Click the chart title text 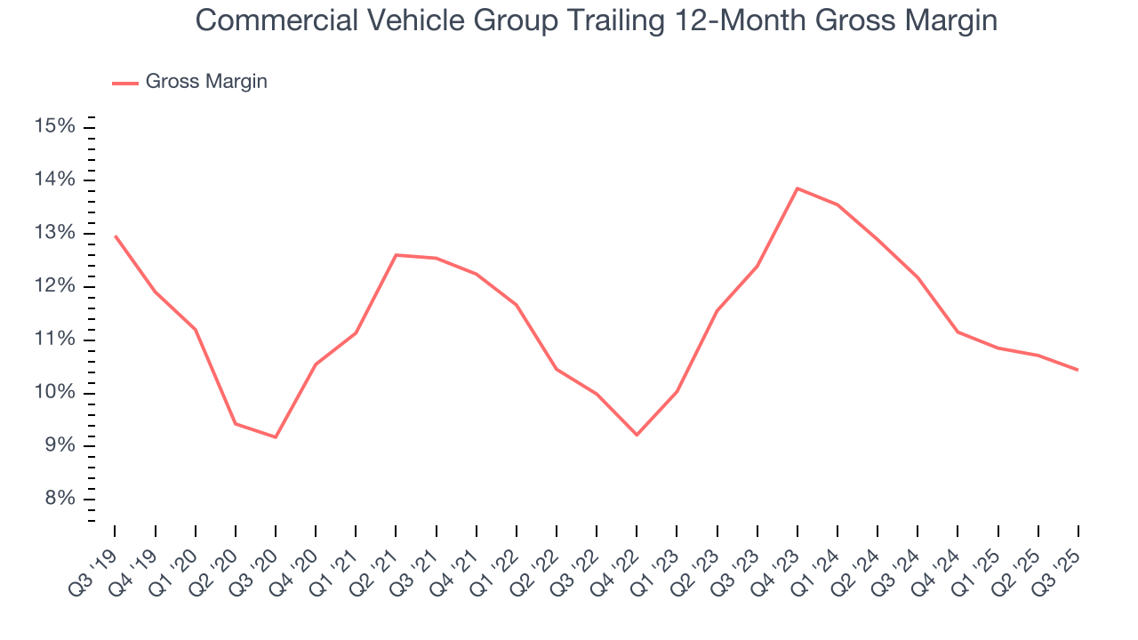tap(596, 20)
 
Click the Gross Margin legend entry tap(205, 82)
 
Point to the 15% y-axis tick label tap(53, 127)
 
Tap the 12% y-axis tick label tap(53, 286)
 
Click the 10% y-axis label tap(53, 393)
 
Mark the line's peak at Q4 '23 tap(797, 188)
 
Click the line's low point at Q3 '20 tap(276, 436)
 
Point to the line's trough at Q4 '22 tap(637, 435)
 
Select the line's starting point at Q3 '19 tap(116, 236)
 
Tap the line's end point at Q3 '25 tap(1078, 370)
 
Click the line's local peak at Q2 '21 tap(396, 255)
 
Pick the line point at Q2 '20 tap(236, 423)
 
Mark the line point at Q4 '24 tap(958, 332)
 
